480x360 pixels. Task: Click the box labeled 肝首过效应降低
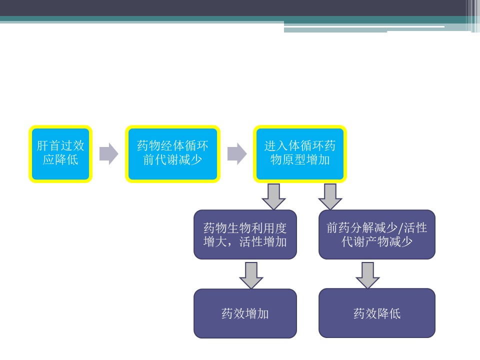click(60, 153)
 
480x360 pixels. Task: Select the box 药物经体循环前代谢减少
click(172, 153)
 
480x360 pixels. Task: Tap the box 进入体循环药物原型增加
click(300, 153)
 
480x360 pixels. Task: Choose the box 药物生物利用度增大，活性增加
click(245, 234)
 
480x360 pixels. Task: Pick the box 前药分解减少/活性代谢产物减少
click(377, 234)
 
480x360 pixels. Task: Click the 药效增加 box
click(245, 313)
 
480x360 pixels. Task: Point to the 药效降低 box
click(377, 313)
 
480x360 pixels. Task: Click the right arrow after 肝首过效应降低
click(108, 153)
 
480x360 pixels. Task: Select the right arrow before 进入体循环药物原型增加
click(236, 153)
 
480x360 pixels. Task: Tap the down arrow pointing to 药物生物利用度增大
click(273, 196)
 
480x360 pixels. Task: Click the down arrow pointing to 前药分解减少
click(330, 196)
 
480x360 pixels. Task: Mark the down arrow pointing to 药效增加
click(251, 275)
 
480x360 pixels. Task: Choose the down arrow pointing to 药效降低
click(368, 275)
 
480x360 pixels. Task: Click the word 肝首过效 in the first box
click(60, 146)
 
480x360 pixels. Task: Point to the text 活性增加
click(263, 242)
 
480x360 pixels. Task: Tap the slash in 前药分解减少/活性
click(399, 228)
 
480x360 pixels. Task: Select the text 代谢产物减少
click(377, 242)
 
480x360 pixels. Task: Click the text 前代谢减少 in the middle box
click(172, 160)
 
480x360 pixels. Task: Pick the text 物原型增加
click(300, 160)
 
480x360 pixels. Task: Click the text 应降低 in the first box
click(60, 160)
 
